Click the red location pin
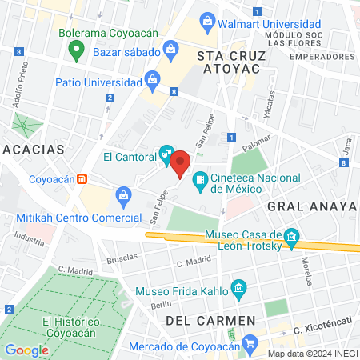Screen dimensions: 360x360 181,163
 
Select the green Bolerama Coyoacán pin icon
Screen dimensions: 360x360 77,53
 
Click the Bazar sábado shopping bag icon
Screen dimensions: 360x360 171,50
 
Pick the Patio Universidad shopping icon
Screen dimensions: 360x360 151,79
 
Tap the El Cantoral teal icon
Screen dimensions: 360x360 166,150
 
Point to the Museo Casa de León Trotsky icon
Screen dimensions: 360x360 292,237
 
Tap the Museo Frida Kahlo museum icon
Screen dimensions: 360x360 237,288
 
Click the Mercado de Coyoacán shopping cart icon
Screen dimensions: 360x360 250,345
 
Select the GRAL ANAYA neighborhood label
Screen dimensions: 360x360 310,206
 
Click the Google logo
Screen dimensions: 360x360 26,350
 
